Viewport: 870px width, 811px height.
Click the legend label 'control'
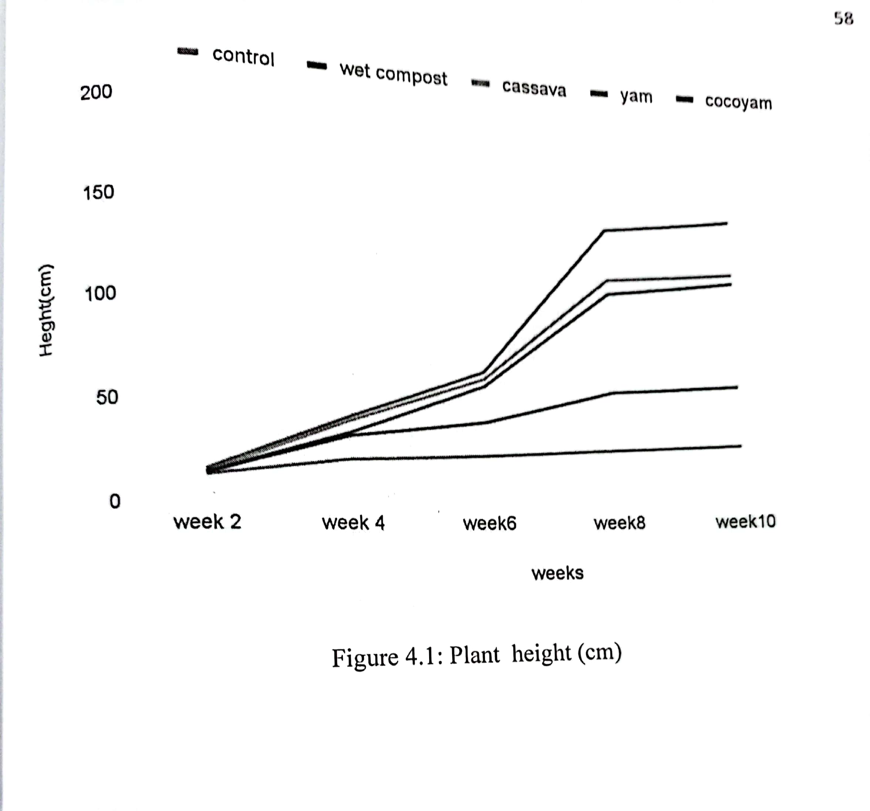coord(243,57)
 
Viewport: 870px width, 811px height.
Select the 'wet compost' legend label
coord(393,74)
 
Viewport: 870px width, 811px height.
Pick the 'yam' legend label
coord(636,96)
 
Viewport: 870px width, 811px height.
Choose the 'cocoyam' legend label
coord(738,102)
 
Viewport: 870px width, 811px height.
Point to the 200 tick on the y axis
coord(96,92)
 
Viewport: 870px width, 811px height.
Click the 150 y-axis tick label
coord(98,192)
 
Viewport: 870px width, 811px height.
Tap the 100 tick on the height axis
coord(100,293)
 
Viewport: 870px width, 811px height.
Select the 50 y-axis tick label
coord(107,397)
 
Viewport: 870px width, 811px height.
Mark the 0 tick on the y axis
coord(115,501)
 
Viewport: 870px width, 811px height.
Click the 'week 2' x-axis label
coord(207,522)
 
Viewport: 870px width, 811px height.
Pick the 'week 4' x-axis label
coord(353,522)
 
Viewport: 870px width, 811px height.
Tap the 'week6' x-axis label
coord(489,524)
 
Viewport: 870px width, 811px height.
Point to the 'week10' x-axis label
coord(745,521)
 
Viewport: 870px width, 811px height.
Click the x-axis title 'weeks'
coord(557,573)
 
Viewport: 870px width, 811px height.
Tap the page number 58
coord(843,19)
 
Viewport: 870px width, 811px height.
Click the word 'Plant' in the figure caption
coord(474,656)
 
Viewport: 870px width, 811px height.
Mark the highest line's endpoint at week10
coord(726,223)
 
